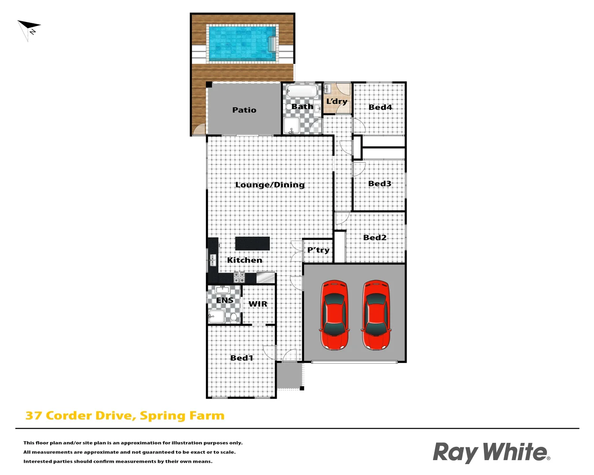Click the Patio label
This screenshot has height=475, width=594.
click(244, 110)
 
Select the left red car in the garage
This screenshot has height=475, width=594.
click(335, 315)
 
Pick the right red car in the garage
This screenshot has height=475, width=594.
click(376, 315)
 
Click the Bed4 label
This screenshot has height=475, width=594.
click(380, 107)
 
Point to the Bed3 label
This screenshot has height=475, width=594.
click(380, 183)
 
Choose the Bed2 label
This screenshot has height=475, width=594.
click(375, 237)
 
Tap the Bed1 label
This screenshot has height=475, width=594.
click(242, 358)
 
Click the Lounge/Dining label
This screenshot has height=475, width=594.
click(270, 185)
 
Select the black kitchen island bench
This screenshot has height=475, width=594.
click(253, 243)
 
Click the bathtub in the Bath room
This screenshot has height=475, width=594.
click(302, 91)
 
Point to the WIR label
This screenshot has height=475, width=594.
click(258, 304)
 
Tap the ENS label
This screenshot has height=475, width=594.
click(225, 300)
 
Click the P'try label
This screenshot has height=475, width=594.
click(318, 250)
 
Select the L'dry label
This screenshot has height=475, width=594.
click(337, 102)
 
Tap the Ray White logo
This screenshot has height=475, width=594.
click(491, 452)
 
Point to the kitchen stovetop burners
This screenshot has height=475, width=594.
click(239, 277)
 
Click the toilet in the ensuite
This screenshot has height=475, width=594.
click(234, 317)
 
